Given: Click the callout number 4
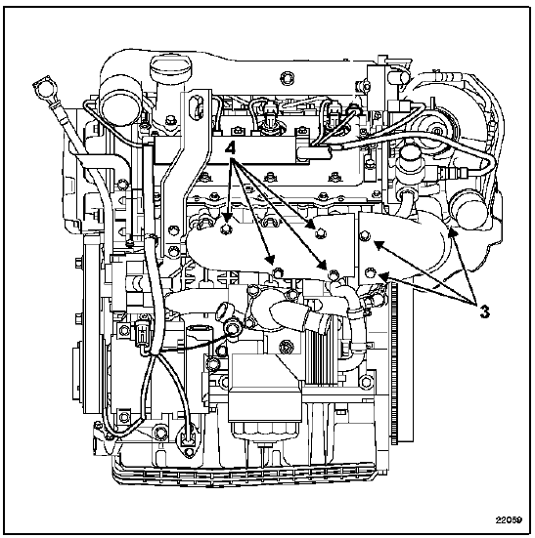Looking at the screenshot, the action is point(230,149).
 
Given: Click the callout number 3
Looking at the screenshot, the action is point(484,311).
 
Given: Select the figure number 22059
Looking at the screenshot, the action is point(509,519).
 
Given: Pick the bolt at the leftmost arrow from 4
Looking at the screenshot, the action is point(225,229).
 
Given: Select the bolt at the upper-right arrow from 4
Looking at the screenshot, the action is point(321,233).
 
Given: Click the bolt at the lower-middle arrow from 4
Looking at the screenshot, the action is point(278,272).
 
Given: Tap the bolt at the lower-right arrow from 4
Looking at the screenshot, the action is point(333,274).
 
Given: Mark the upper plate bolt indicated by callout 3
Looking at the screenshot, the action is point(365,235).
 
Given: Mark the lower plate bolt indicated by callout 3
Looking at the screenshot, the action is point(370,272).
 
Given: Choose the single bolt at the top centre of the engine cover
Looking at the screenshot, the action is point(287,78).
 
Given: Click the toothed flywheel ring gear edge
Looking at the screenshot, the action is point(393,360).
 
